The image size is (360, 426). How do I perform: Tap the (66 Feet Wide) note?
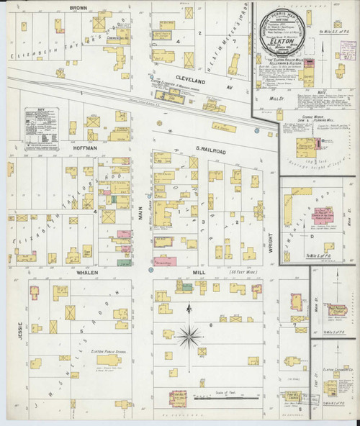240,273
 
